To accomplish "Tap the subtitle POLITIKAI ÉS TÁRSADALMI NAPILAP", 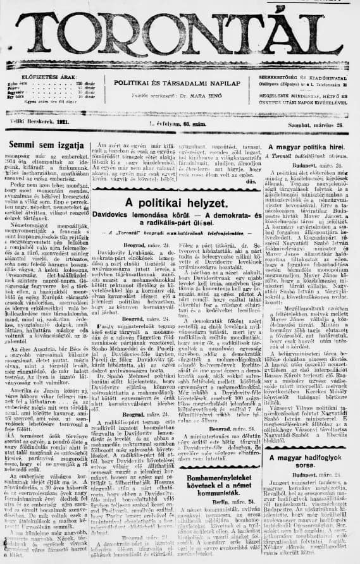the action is (175, 83).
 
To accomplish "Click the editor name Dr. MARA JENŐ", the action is (199, 97).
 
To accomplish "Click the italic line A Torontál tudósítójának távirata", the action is (310, 156).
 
